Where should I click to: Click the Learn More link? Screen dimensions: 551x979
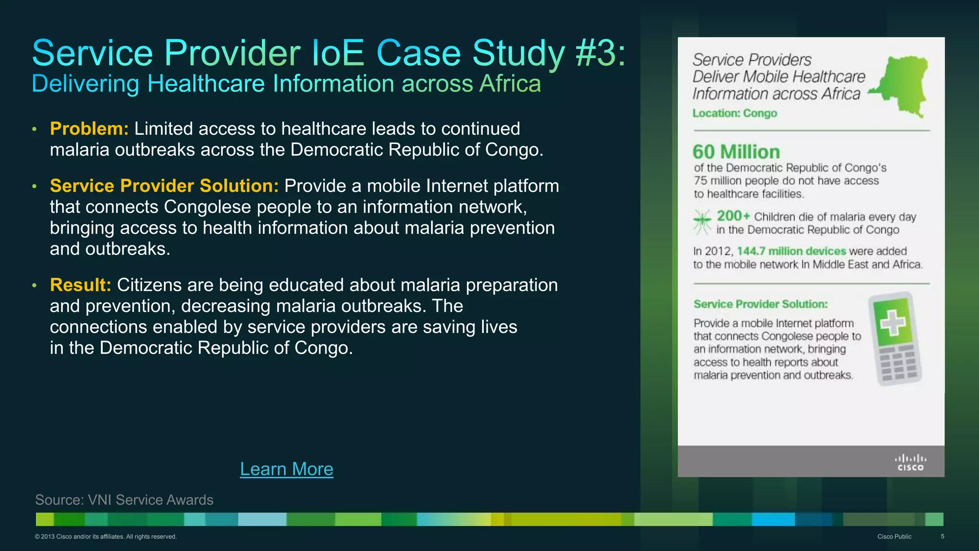tap(286, 469)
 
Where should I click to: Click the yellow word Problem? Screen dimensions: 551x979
tap(89, 129)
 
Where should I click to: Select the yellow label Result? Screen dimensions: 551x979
tap(80, 285)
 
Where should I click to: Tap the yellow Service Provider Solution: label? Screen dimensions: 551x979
tap(164, 186)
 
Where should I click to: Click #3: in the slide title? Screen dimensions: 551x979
tap(600, 53)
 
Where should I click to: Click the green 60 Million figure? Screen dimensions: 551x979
tap(736, 152)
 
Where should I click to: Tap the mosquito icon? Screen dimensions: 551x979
tap(702, 222)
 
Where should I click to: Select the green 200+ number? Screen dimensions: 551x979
tap(733, 216)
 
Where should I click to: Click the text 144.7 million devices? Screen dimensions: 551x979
tap(791, 251)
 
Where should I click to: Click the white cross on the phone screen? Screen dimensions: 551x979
tap(892, 322)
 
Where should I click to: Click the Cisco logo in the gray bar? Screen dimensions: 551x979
tap(910, 463)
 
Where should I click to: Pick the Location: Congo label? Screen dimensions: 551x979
tap(735, 113)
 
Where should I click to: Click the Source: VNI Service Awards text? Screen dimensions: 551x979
tap(124, 500)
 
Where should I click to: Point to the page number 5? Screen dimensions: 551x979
tap(942, 537)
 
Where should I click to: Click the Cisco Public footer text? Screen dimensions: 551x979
tap(894, 537)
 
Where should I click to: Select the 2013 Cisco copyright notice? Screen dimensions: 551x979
tap(106, 537)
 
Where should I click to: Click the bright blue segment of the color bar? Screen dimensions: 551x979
tap(772, 519)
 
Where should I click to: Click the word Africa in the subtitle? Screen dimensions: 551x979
tap(510, 84)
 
